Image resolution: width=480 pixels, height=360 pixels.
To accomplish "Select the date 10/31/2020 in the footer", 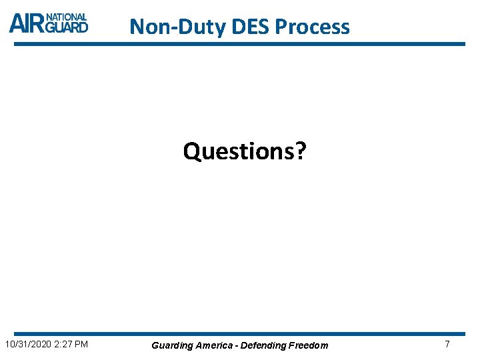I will pos(29,344).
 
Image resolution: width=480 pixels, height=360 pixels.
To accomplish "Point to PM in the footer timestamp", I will pos(83,344).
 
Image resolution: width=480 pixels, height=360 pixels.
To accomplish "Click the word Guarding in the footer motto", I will pos(171,345).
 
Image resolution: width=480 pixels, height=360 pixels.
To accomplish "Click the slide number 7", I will pos(447,344).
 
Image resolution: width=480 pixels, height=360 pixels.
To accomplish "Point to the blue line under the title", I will pos(240,44).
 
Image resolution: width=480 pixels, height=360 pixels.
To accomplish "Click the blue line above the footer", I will pos(240,333).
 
